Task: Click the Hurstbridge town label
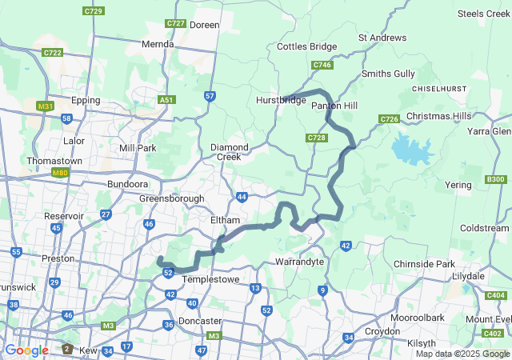(280, 100)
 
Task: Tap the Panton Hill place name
(334, 106)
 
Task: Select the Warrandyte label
(298, 262)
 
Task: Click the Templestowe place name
(211, 280)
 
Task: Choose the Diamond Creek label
(230, 152)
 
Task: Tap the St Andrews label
(382, 38)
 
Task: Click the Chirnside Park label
(423, 264)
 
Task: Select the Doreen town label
(204, 26)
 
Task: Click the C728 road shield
(317, 138)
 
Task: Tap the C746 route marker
(322, 65)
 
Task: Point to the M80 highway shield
(59, 172)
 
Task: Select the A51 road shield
(166, 100)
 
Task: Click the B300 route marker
(495, 179)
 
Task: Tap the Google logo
(26, 350)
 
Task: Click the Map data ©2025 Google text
(462, 354)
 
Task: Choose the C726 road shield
(390, 119)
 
